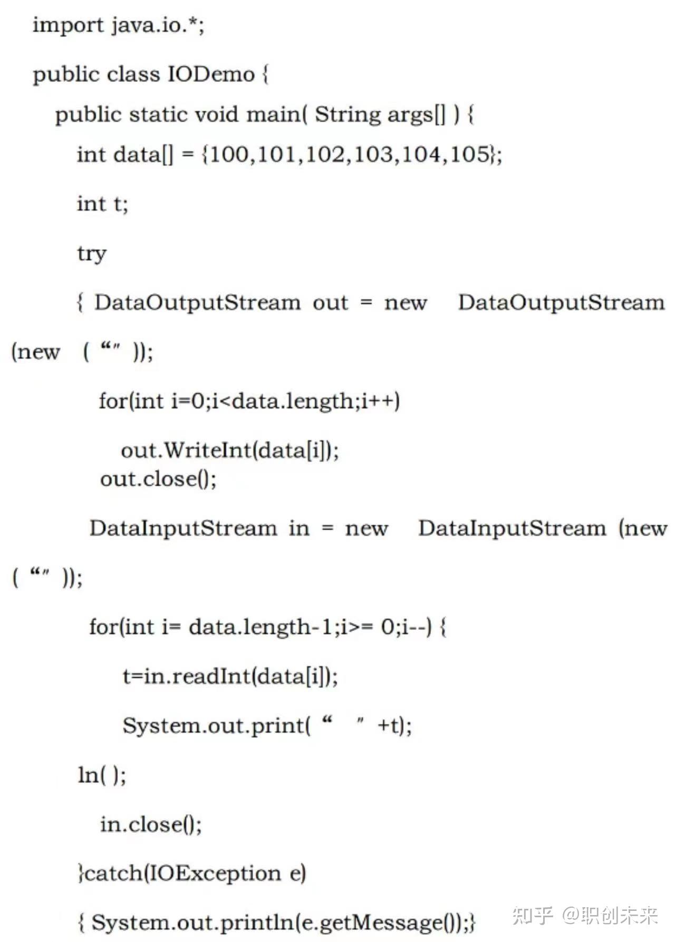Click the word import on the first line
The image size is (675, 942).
(68, 25)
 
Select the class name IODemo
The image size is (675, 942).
(211, 74)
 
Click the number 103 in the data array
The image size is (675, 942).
(377, 154)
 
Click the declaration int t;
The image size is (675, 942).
(102, 204)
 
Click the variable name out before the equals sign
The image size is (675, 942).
(331, 303)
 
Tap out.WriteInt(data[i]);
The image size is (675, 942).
(230, 450)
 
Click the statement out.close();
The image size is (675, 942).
(158, 479)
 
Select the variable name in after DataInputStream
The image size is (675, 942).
(299, 528)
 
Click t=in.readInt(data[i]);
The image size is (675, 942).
(230, 676)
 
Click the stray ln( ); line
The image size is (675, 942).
(102, 775)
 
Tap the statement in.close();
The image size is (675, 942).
(151, 824)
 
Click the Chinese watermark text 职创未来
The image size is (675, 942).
(620, 916)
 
